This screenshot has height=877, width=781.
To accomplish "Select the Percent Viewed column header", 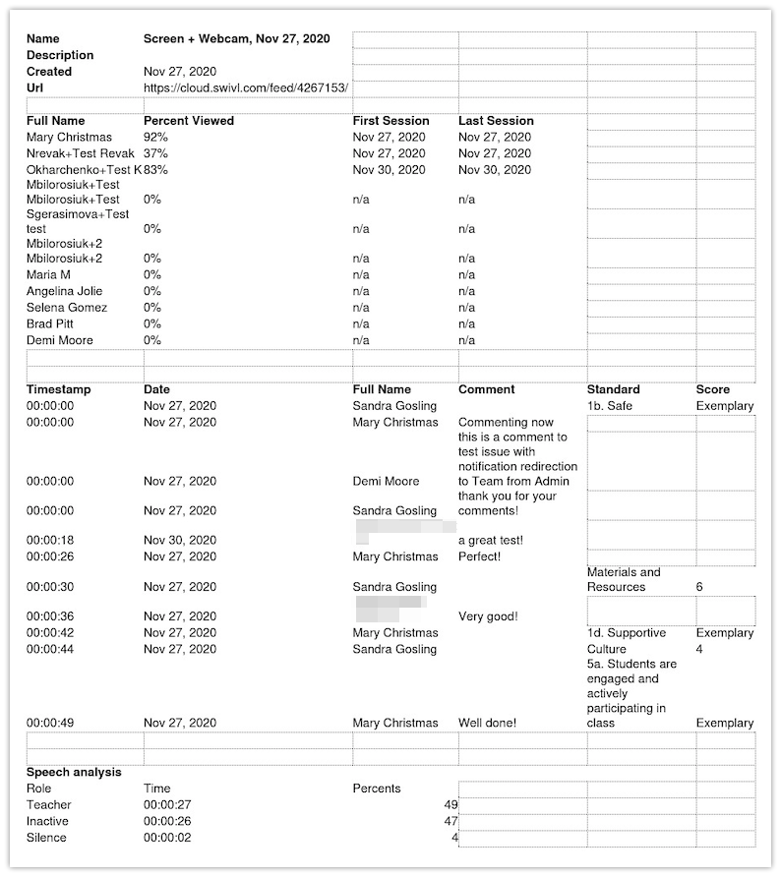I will pyautogui.click(x=189, y=121).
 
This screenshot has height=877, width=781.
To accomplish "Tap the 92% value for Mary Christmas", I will pyautogui.click(x=155, y=138).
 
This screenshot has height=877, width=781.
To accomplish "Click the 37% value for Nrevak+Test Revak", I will pyautogui.click(x=155, y=153).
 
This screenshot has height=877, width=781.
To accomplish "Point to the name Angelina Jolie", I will pyautogui.click(x=65, y=291).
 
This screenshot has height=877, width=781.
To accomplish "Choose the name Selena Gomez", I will pyautogui.click(x=67, y=308).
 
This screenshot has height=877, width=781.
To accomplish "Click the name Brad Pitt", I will pyautogui.click(x=53, y=323).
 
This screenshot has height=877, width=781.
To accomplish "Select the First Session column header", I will pyautogui.click(x=390, y=121).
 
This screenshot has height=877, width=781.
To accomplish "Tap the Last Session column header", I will pyautogui.click(x=496, y=121).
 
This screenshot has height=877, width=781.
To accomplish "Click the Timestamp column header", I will pyautogui.click(x=59, y=389).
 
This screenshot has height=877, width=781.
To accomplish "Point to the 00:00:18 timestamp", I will pyautogui.click(x=50, y=540).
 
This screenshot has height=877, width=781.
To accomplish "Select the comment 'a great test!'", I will pyautogui.click(x=491, y=540).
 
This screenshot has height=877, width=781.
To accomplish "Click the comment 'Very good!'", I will pyautogui.click(x=488, y=616).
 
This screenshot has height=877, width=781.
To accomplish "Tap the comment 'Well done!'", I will pyautogui.click(x=487, y=723).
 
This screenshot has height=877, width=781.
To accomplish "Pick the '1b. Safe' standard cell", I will pyautogui.click(x=610, y=406).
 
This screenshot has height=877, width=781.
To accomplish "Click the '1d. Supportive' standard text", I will pyautogui.click(x=627, y=633).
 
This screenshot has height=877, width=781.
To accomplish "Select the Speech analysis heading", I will pyautogui.click(x=74, y=772).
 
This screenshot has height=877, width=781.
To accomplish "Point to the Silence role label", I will pyautogui.click(x=46, y=838).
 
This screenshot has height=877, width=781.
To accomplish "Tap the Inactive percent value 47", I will pyautogui.click(x=451, y=821).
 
